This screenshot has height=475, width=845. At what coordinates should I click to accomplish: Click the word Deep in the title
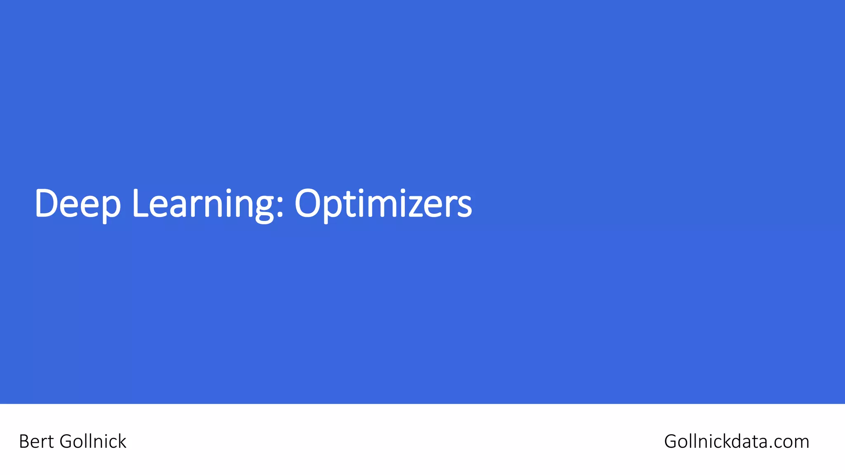click(78, 203)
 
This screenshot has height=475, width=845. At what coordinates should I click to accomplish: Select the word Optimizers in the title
click(383, 203)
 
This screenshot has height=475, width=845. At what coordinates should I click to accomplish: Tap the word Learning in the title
click(203, 203)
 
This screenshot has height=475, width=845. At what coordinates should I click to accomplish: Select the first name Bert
click(36, 442)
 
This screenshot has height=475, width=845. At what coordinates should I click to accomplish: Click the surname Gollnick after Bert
click(93, 442)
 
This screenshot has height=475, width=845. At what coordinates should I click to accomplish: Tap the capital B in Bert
click(24, 442)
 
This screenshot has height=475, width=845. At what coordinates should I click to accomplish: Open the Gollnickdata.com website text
click(736, 442)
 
